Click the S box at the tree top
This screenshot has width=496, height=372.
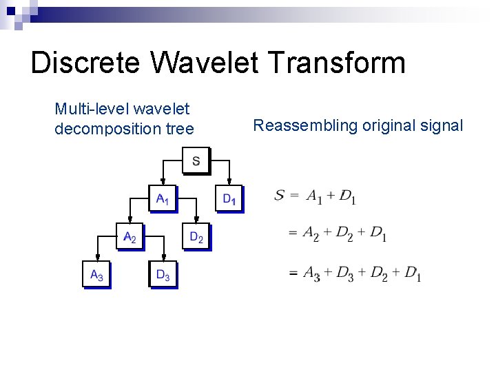196,162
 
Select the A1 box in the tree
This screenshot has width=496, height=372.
162,199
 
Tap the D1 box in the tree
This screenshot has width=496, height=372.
229,199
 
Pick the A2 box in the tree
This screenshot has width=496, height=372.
129,237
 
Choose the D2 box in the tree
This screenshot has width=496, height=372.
196,237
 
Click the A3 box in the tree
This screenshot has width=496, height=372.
96,275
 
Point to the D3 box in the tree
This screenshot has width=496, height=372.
163,275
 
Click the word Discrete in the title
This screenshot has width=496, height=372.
87,63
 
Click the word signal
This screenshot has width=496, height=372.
443,125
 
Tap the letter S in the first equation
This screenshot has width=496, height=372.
279,196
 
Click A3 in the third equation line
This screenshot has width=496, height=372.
311,273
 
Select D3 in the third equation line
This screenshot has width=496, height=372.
345,273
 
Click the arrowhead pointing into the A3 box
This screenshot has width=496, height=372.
96,258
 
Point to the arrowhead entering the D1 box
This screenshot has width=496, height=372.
229,183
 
